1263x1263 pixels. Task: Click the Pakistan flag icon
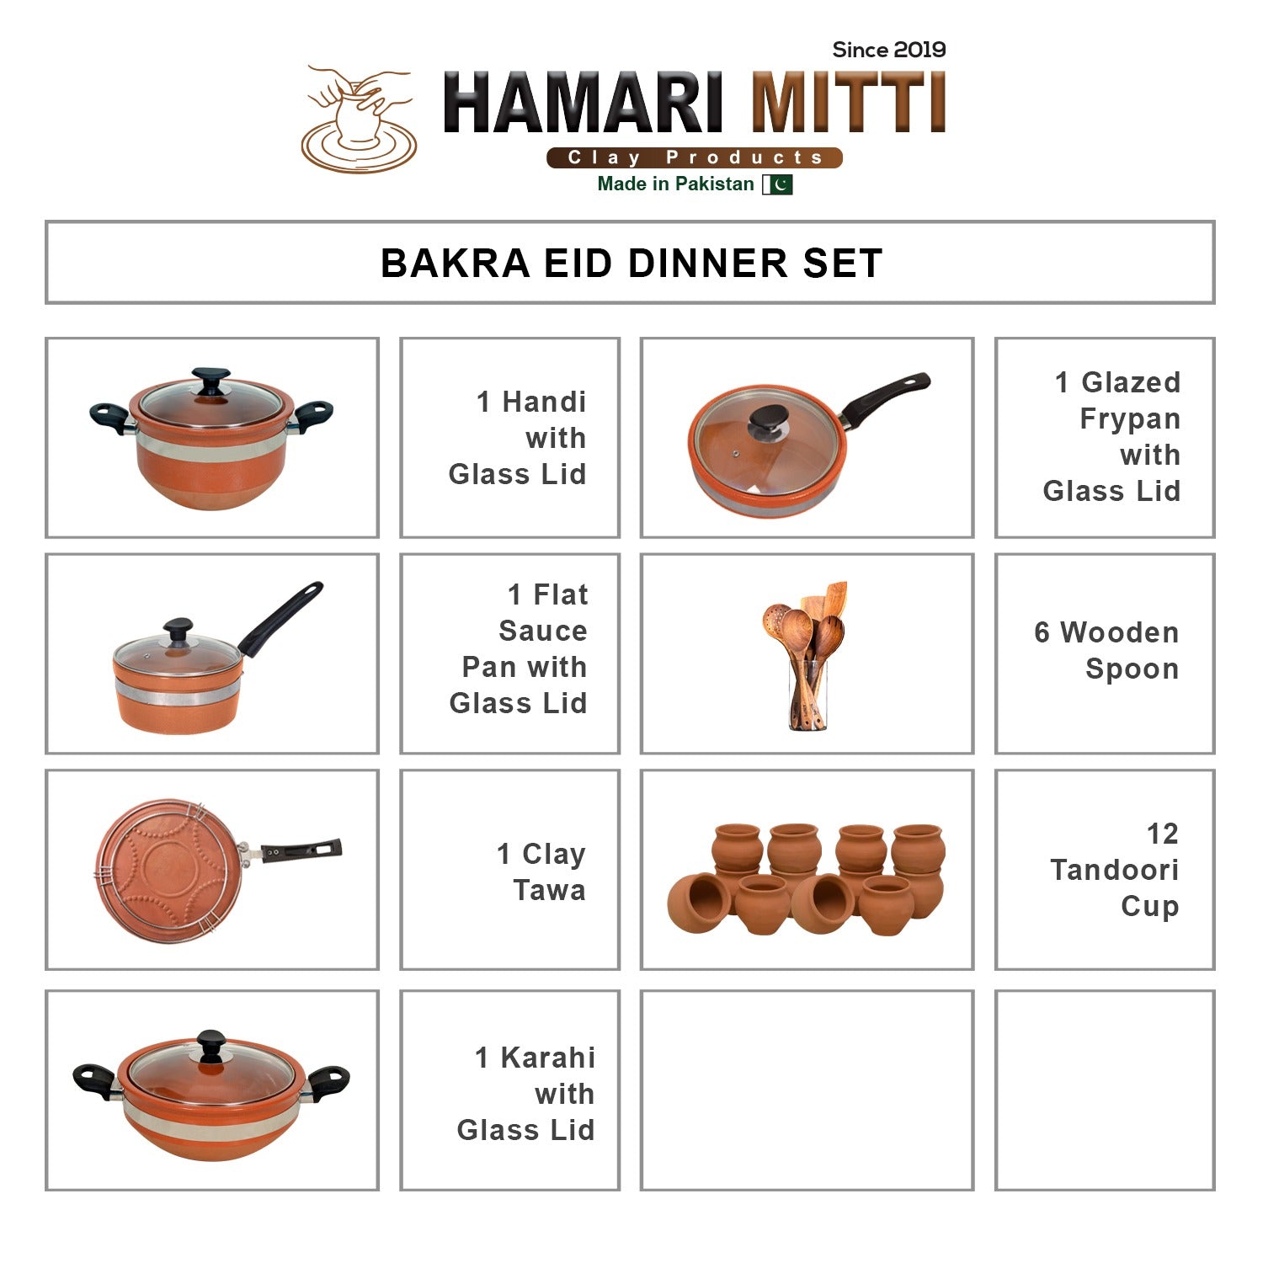coord(777,184)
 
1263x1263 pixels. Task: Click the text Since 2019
coord(888,51)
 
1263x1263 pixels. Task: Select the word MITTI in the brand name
coord(849,104)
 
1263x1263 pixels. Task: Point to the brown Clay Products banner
coord(694,157)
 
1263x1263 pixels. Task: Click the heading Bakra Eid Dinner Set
coord(631,263)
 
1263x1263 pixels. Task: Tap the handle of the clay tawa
coord(301,850)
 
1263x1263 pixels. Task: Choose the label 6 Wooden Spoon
coord(1106,651)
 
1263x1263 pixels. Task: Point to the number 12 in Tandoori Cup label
coord(1162,834)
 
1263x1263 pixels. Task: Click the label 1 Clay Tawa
coord(542,871)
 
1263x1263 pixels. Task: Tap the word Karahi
coord(548,1058)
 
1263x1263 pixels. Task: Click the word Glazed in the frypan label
coord(1131,382)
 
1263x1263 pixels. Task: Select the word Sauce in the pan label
coord(543,631)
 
